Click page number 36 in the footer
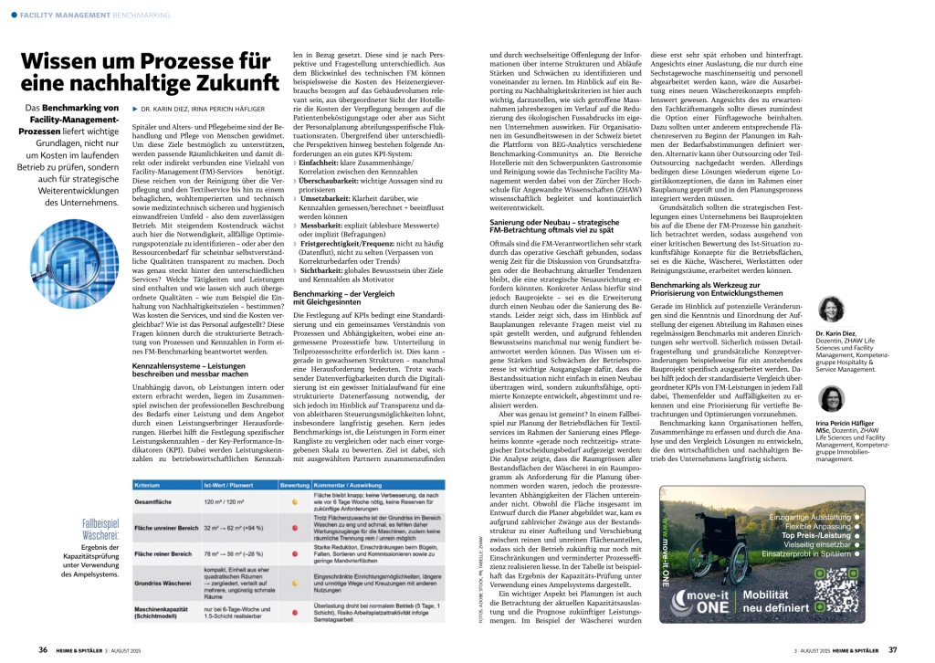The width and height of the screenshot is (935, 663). click(x=43, y=649)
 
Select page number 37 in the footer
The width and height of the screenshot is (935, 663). click(x=892, y=649)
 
